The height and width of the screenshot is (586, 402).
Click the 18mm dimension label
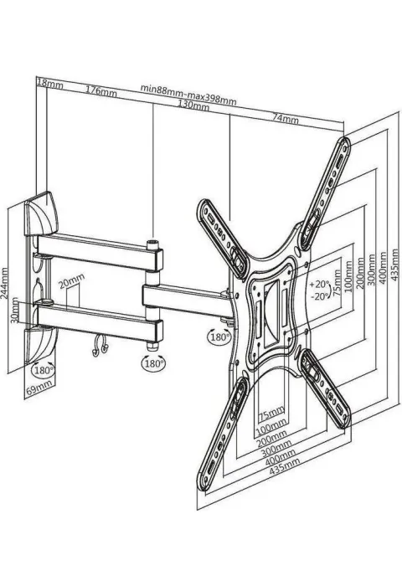pos(49,84)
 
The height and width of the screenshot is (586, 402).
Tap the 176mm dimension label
pos(101,90)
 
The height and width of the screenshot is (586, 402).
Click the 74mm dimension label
pos(286,119)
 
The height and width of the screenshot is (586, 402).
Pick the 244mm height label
pos(4,282)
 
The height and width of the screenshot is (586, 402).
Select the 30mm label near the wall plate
pos(14,311)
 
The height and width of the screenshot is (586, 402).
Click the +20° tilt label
pos(319,284)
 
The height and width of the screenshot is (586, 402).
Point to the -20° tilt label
pos(320,296)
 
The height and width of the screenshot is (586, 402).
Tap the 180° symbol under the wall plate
pos(44,370)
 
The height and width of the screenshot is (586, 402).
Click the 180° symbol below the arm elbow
pos(153,363)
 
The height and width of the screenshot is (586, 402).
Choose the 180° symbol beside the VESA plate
pos(219,337)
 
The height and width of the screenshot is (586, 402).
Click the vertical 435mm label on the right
pos(394,269)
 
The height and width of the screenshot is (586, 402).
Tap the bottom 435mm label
pos(285,466)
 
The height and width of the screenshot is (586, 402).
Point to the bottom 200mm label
pos(272,439)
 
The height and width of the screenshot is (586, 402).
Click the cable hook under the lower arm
pos(99,346)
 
